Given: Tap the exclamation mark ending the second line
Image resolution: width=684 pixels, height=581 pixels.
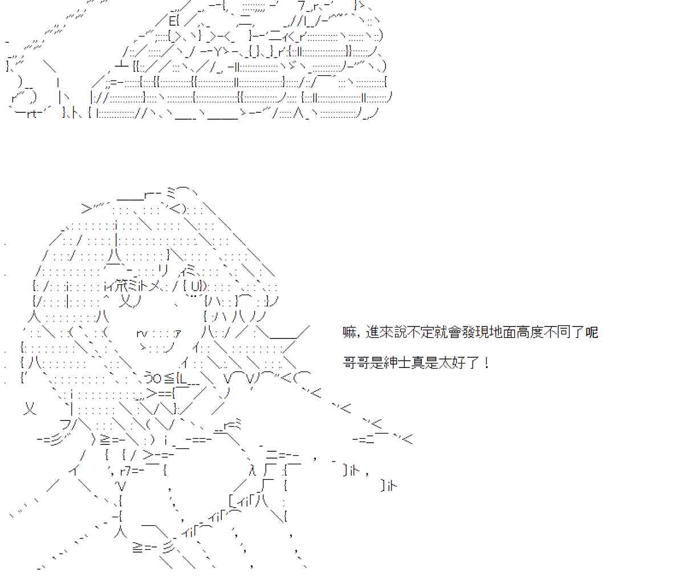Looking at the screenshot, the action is pos(486,362).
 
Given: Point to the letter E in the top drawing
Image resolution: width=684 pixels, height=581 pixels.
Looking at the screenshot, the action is pos(173,23).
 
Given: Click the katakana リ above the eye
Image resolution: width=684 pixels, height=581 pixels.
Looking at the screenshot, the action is pos(162,269).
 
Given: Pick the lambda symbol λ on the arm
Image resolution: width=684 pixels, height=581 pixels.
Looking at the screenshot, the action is pos(253,470).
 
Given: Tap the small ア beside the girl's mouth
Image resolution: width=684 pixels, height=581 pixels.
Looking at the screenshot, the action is pos(177,333).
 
